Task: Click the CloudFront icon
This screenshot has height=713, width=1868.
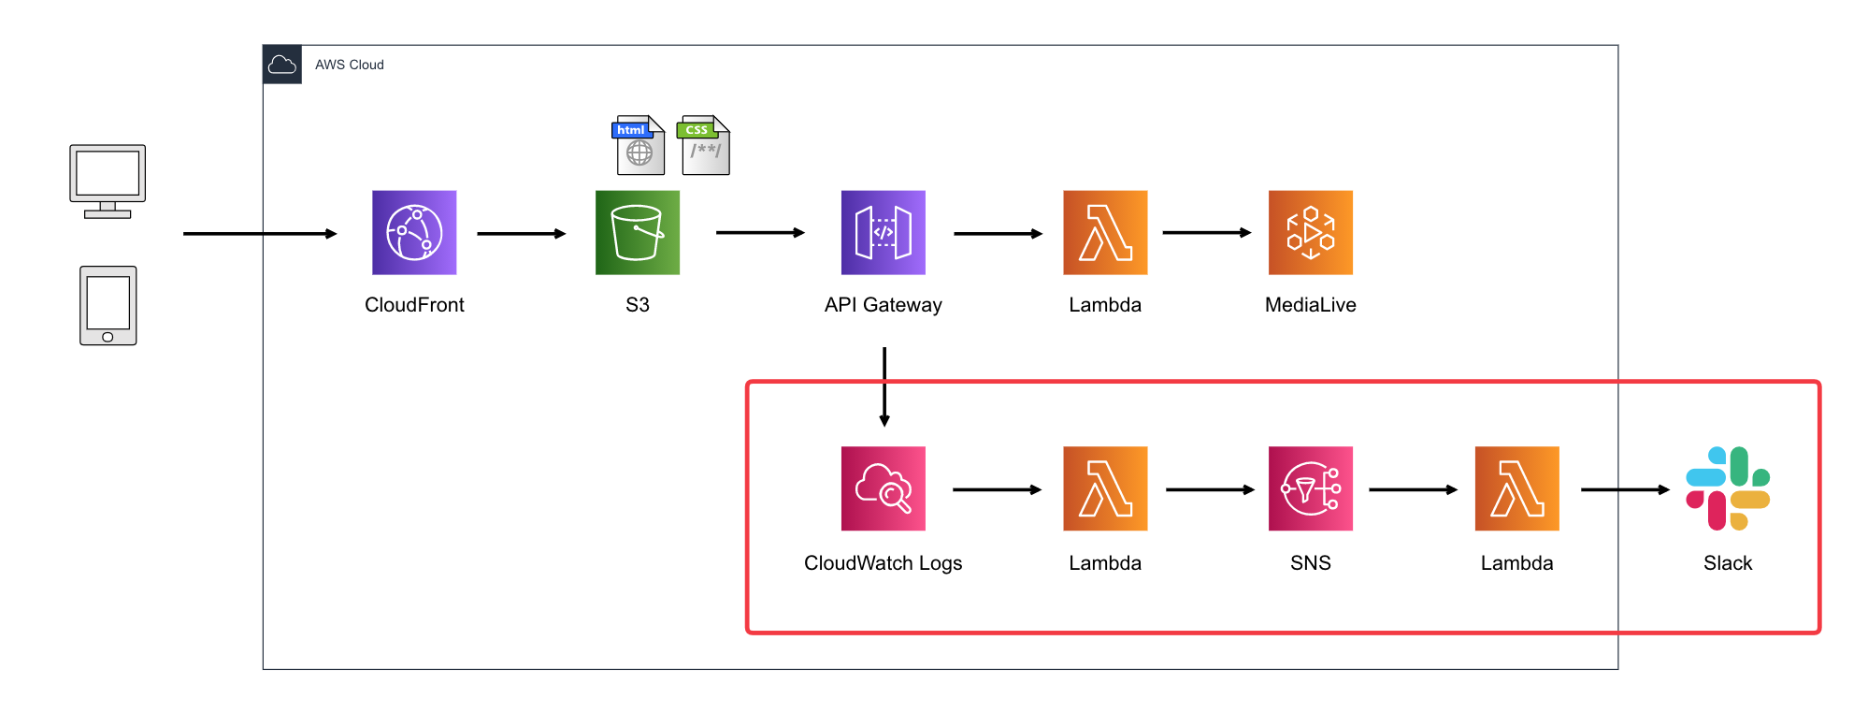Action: click(x=414, y=233)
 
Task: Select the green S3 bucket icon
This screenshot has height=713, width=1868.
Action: click(x=638, y=233)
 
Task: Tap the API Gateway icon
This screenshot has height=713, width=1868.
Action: click(x=883, y=233)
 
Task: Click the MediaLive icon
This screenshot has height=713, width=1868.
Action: click(x=1310, y=233)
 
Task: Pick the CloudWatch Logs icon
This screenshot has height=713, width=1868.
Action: click(x=883, y=488)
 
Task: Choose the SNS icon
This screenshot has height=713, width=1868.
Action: click(x=1310, y=488)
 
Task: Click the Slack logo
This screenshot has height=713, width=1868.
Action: click(x=1727, y=488)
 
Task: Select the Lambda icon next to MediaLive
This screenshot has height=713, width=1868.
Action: click(x=1105, y=233)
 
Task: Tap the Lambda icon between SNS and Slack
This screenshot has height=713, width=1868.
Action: click(x=1516, y=488)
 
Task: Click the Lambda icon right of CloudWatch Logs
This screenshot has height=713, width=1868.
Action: click(x=1105, y=488)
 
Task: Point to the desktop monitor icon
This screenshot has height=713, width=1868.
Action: click(x=108, y=181)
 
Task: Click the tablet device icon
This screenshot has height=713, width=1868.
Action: click(x=108, y=306)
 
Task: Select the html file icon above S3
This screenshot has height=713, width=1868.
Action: click(x=639, y=145)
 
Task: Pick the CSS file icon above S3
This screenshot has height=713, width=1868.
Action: click(x=705, y=145)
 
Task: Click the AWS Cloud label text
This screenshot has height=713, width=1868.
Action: click(x=349, y=65)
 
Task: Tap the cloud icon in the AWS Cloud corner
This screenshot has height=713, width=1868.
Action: click(x=282, y=65)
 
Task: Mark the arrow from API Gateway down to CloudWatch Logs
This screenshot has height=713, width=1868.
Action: click(x=884, y=386)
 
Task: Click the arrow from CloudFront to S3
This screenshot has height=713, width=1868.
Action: click(x=521, y=233)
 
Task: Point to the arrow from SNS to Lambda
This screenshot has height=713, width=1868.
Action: click(x=1413, y=489)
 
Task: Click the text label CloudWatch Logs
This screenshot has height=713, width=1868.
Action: click(x=883, y=563)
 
